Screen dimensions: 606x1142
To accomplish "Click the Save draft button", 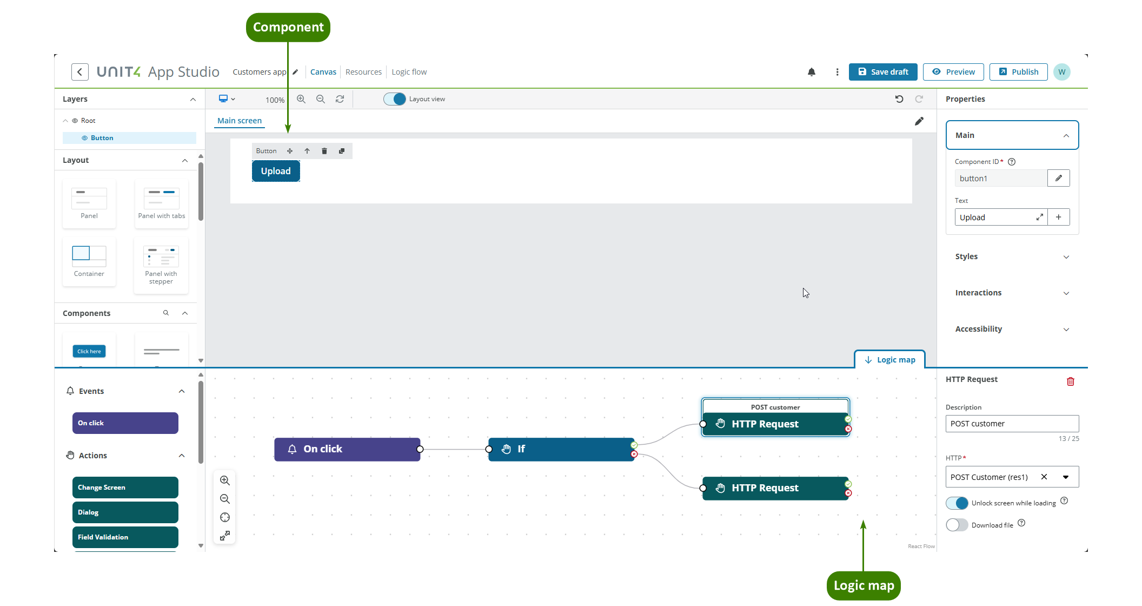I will click(x=882, y=72).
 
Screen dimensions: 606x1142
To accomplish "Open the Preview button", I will click(x=953, y=72).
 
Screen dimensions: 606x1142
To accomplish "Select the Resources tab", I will click(x=363, y=72).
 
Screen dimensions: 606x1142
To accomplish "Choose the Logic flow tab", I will click(x=409, y=72).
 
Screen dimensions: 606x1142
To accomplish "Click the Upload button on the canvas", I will click(x=276, y=171).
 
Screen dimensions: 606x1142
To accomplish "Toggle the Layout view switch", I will click(x=395, y=99).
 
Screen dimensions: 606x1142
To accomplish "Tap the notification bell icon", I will click(x=811, y=72).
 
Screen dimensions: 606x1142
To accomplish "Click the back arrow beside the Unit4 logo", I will click(x=80, y=72).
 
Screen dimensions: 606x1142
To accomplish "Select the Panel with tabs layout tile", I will click(x=161, y=203).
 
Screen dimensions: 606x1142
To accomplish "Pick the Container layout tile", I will click(x=89, y=261).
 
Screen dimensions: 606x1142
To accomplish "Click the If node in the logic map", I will click(x=561, y=449).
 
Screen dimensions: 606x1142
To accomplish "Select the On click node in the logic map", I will click(x=347, y=449).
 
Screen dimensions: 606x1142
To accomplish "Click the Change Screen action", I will click(x=125, y=488).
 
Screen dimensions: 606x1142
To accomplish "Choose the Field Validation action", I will click(x=125, y=537).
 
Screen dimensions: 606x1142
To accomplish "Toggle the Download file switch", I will click(x=957, y=525).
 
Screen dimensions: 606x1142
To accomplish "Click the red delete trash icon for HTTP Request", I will click(x=1070, y=381).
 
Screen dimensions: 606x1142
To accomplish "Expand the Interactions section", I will click(x=1012, y=293).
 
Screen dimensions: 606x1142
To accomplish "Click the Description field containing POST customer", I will click(x=1012, y=424).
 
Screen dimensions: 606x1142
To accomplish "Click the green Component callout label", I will click(x=288, y=27).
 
